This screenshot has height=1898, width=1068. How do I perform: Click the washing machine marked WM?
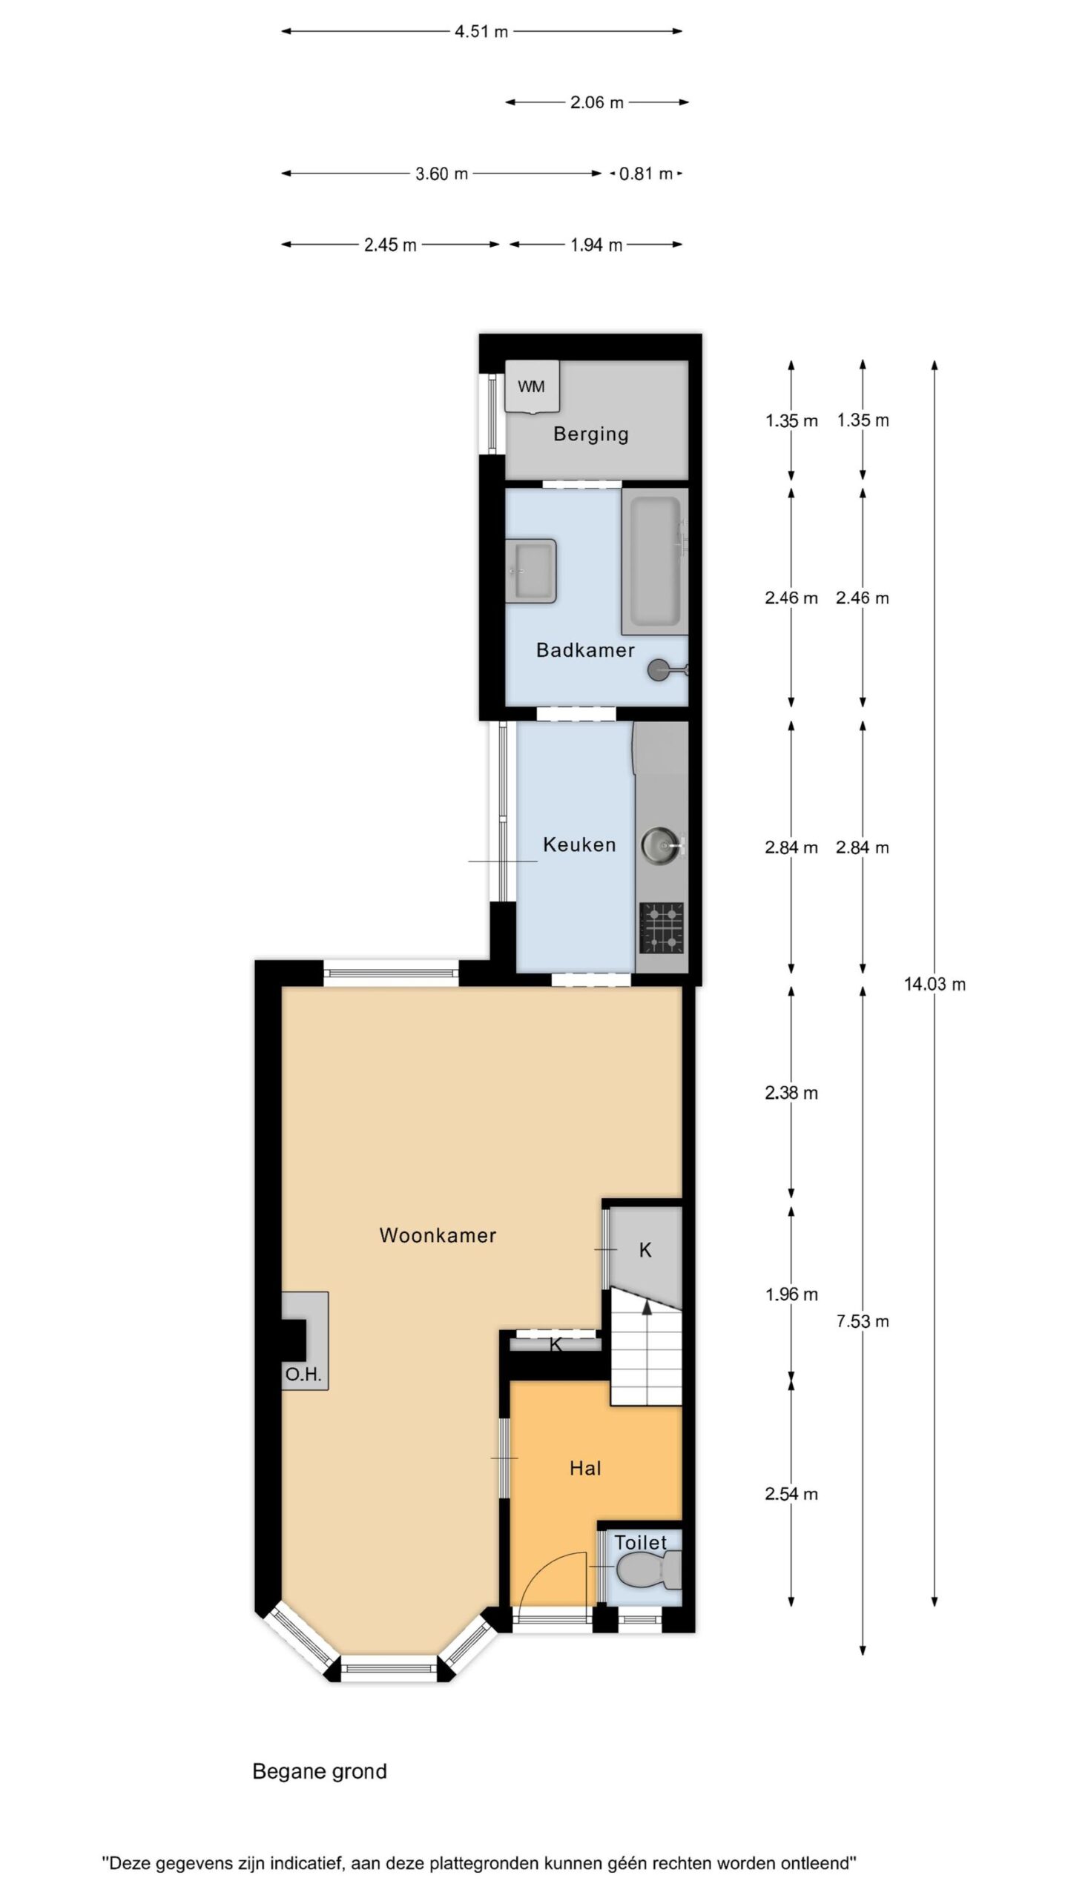pos(532,386)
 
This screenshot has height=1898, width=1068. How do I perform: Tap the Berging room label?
pos(590,434)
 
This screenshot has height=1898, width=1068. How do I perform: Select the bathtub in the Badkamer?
pos(655,561)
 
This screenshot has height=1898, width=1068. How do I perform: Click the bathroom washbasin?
pos(531,570)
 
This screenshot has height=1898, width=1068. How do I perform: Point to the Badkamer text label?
pos(585,650)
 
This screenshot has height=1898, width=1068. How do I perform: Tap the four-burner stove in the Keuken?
pos(661,927)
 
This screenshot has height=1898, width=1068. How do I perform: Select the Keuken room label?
pos(579,844)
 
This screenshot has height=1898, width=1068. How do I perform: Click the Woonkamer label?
pos(438,1235)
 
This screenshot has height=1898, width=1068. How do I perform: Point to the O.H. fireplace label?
pos(303,1375)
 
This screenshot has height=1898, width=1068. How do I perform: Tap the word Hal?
pos(585,1469)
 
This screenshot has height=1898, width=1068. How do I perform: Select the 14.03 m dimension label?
pos(934,985)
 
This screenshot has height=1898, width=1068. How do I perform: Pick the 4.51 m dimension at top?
pos(481,31)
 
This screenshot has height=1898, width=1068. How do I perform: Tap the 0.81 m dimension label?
pos(646,173)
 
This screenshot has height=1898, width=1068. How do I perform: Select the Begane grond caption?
pos(320,1772)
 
